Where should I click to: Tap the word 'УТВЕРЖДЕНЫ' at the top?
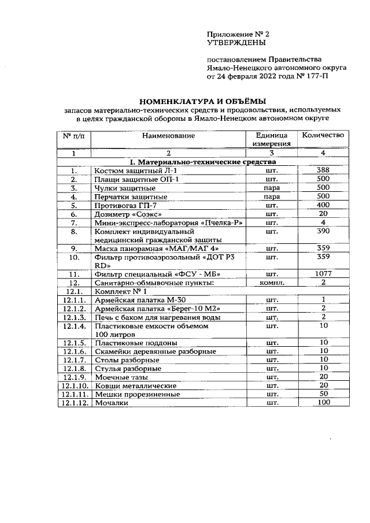point(236,43)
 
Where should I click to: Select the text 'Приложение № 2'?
point(238,34)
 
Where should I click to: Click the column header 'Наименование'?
point(169,135)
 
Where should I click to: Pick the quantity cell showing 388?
point(323,170)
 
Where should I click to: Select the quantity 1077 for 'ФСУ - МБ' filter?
point(323,274)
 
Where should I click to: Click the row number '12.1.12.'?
point(73,403)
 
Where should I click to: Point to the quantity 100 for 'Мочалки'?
point(323,402)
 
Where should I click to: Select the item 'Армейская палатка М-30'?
point(139,300)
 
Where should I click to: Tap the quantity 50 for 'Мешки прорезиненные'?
point(323,394)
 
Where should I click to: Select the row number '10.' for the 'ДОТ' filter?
point(73,257)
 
